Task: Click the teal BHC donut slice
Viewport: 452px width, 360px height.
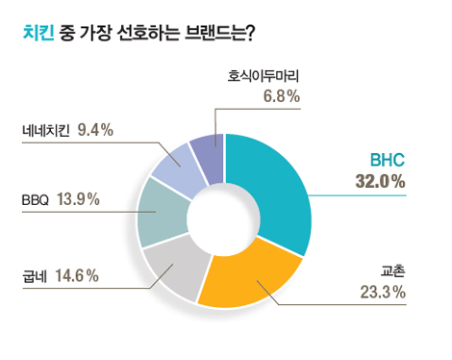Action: coord(274,193)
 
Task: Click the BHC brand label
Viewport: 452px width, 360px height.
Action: coord(389,160)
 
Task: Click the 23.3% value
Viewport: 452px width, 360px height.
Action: coord(383,292)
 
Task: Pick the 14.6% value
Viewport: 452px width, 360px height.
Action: coord(78,276)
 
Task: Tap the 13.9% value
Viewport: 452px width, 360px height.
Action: coord(79,200)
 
